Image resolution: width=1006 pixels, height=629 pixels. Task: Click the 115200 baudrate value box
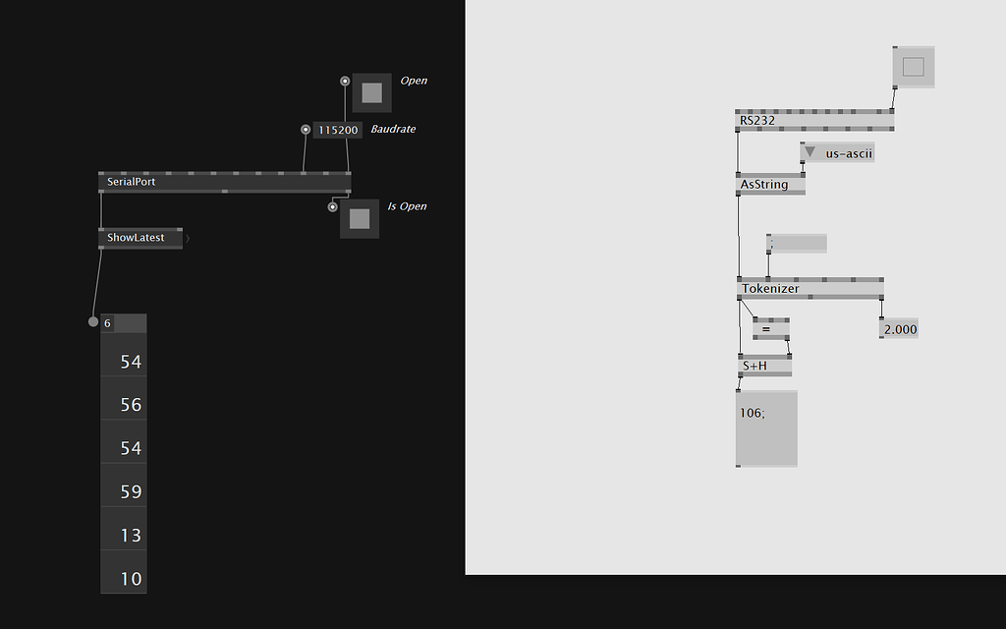(x=338, y=130)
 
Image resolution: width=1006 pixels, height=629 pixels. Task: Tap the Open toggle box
(x=371, y=92)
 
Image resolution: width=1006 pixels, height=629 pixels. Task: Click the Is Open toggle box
(x=360, y=218)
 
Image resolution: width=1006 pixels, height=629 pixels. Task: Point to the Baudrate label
(x=393, y=129)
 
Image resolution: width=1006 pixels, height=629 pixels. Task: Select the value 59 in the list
(x=131, y=491)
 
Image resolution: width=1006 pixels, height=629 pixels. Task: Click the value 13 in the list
(x=131, y=535)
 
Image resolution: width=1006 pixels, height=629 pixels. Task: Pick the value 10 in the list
(x=131, y=578)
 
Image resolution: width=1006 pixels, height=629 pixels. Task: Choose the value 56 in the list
(x=131, y=404)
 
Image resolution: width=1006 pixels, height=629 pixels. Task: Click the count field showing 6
(x=123, y=322)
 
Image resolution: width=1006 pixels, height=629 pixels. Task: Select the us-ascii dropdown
(x=837, y=153)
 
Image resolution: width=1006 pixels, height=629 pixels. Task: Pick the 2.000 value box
(x=899, y=329)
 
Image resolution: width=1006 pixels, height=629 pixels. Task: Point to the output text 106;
(x=753, y=413)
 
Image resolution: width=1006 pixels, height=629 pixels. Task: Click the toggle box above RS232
(x=914, y=67)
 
